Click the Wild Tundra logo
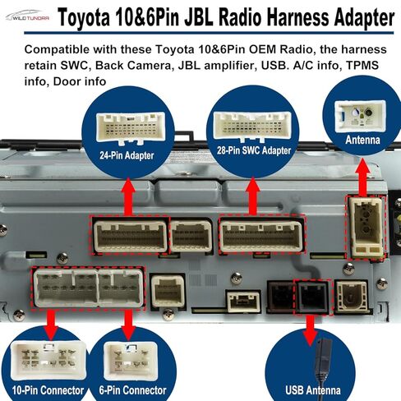27,16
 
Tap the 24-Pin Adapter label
127,155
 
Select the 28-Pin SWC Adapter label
254,150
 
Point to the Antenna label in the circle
362,140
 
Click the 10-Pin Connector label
48,390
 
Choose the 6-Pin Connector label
132,390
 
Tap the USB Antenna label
313,390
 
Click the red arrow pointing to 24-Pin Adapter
128,196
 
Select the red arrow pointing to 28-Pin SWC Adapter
252,196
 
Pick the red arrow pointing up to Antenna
362,177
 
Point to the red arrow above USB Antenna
310,331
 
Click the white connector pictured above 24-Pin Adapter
131,127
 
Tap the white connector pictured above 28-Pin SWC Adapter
252,126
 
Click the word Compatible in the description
57,50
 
